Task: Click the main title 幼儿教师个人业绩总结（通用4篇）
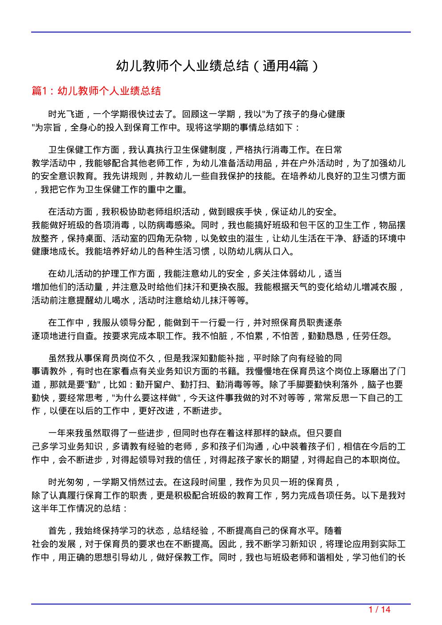(218, 66)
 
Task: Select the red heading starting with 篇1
(96, 91)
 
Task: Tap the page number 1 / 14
(380, 609)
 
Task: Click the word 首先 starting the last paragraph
(57, 531)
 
